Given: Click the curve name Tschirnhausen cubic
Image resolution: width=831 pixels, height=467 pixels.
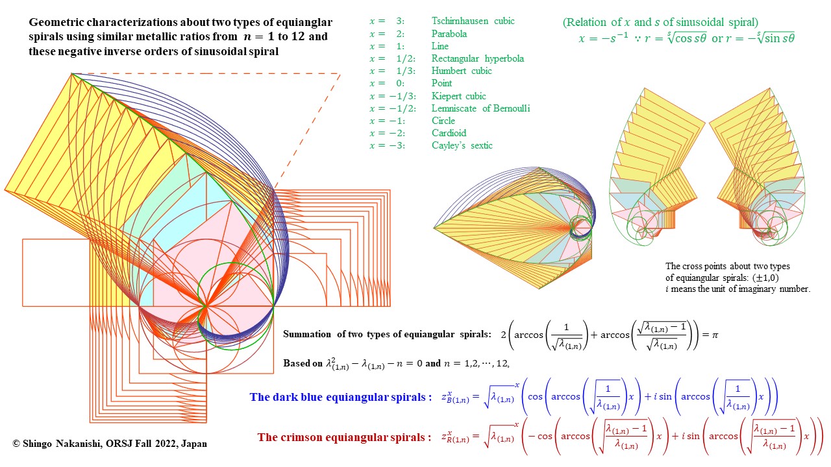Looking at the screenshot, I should [473, 21].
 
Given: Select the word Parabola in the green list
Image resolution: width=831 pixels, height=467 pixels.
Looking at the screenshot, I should [449, 34].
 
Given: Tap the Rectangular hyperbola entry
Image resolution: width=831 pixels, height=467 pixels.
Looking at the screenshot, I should [477, 58].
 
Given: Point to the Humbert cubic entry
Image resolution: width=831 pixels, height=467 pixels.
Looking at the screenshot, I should [462, 71].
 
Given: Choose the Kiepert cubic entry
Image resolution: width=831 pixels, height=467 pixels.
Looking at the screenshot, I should [458, 96].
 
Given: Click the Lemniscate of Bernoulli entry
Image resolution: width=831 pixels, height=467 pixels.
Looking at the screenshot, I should [480, 108].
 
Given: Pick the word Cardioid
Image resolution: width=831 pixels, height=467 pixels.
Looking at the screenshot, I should [450, 133].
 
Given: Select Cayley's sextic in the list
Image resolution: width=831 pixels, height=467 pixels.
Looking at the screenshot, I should [462, 145].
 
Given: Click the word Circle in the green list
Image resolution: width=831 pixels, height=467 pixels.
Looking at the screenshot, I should [443, 121].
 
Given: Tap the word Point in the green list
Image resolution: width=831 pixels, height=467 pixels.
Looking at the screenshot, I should [442, 83].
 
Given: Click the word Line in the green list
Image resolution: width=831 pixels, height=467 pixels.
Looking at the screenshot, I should [440, 46].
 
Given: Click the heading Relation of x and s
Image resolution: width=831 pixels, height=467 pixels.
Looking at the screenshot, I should [660, 23].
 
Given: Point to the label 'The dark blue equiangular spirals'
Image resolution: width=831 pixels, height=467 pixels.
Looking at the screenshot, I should [340, 397].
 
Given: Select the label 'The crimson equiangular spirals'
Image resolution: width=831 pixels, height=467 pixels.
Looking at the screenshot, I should [344, 437].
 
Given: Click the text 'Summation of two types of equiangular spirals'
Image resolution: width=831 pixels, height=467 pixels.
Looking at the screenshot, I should [387, 334].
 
